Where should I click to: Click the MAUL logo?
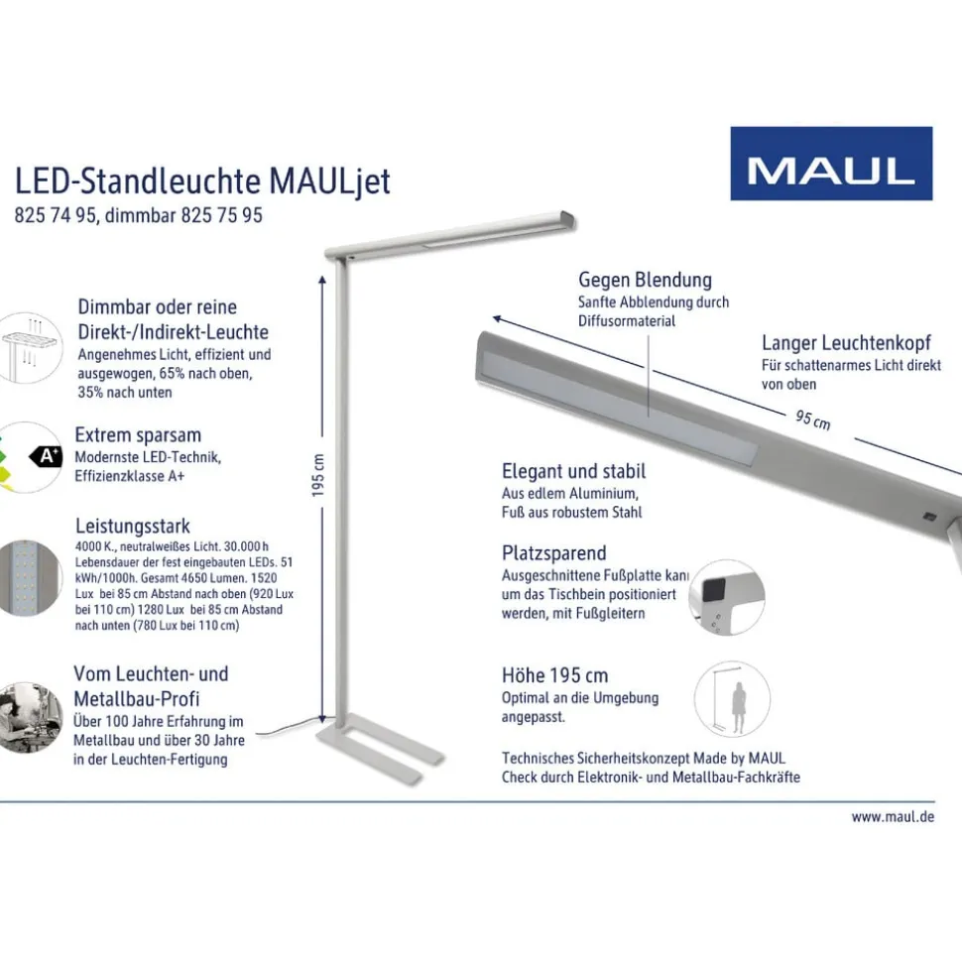pos(831,164)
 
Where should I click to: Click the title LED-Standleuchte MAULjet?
pos(202,181)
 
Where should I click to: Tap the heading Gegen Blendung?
pos(645,280)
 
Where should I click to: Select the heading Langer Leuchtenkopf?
pos(845,343)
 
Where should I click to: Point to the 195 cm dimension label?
pos(319,476)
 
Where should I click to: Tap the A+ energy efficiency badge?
pos(48,456)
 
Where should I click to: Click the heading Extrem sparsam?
pos(138,434)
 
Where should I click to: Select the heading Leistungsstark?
pos(132,527)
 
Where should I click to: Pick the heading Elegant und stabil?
pos(573,471)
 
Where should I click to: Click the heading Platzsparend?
pos(553,552)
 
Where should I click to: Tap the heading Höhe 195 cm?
pos(554,675)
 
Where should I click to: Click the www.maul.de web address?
pos(892,817)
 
